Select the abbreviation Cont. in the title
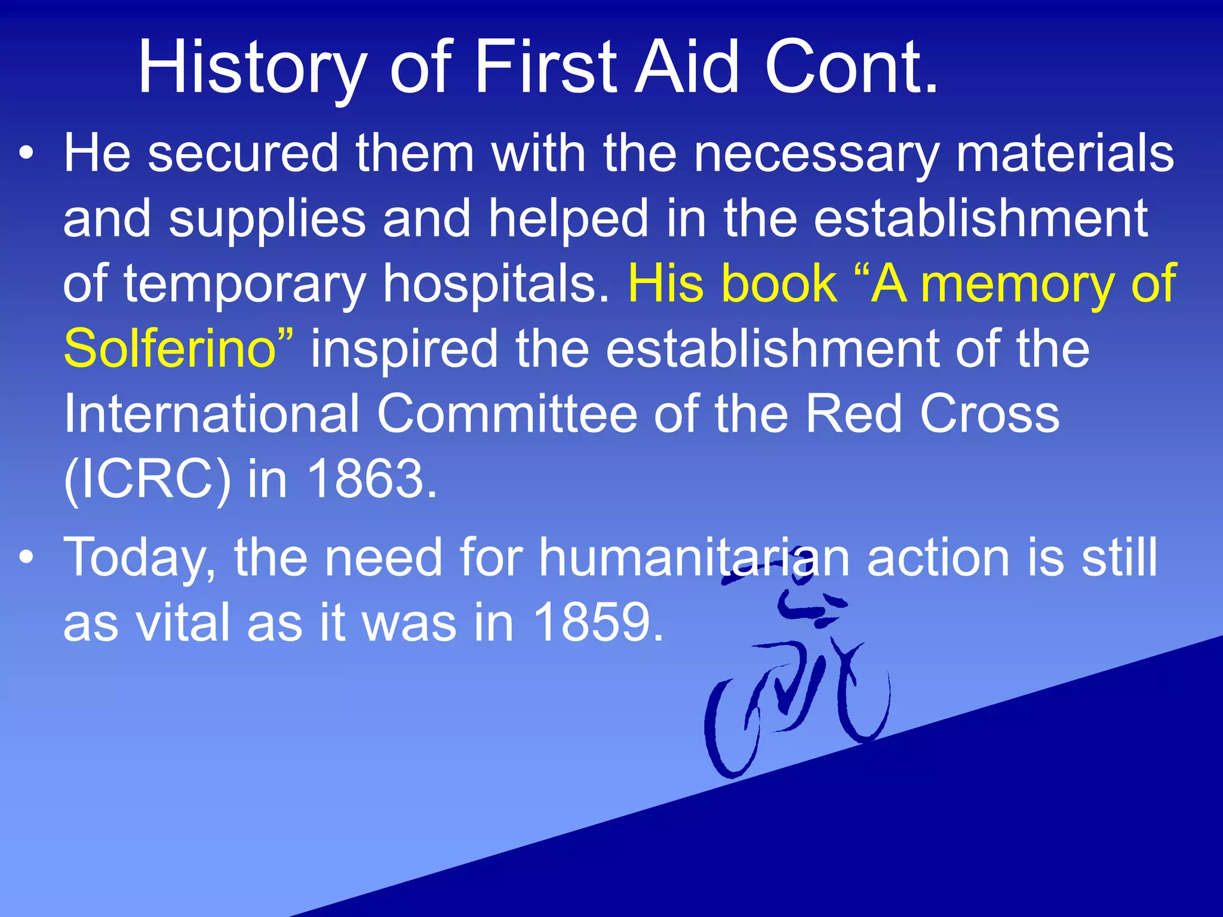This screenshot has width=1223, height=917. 852,67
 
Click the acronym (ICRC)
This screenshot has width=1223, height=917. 147,479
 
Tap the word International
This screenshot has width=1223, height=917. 211,413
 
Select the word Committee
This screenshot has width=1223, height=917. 506,413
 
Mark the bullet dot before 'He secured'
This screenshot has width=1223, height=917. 26,154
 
